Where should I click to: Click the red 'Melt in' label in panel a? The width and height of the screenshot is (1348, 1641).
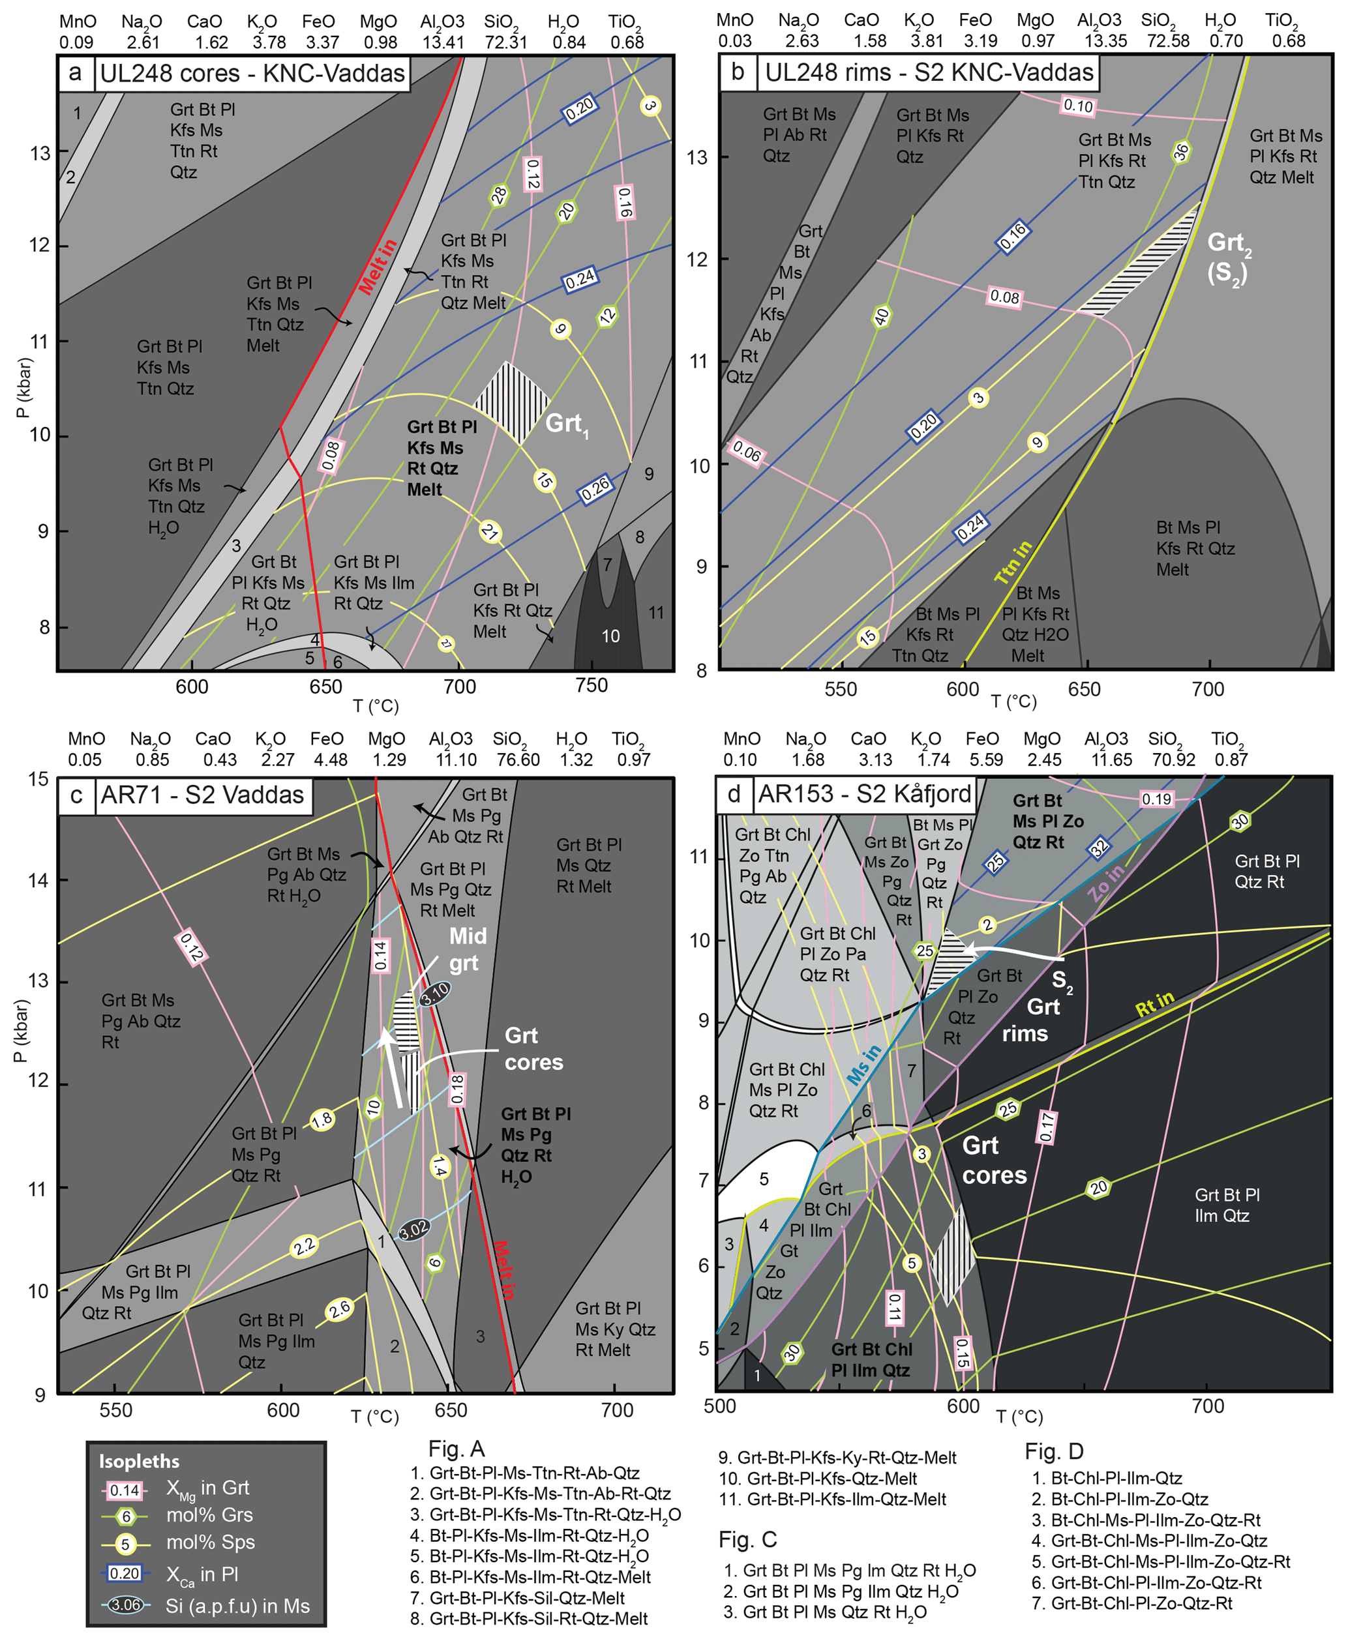(x=378, y=266)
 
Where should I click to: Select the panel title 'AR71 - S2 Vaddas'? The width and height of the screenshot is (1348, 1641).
(x=202, y=795)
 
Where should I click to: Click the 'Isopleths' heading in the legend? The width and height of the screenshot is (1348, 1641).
(x=139, y=1461)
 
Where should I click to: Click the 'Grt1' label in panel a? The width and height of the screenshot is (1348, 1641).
(x=567, y=424)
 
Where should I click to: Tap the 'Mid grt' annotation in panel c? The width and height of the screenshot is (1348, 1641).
(x=467, y=949)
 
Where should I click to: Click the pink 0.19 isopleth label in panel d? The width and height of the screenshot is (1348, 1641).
(x=1156, y=799)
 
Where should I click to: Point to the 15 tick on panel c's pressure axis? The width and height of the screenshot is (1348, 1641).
(x=38, y=778)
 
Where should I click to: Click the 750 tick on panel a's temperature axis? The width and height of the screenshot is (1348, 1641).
(x=591, y=685)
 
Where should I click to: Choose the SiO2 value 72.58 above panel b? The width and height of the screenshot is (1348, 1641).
(x=1167, y=40)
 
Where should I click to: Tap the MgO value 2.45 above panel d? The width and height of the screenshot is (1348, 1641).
(x=1043, y=759)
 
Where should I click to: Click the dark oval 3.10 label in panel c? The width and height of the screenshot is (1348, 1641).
(x=435, y=994)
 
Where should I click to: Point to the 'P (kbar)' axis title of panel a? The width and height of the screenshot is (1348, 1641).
(x=23, y=387)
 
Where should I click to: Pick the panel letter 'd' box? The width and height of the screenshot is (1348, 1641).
(x=733, y=793)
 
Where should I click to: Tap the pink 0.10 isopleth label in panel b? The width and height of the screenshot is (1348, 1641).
(x=1078, y=106)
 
